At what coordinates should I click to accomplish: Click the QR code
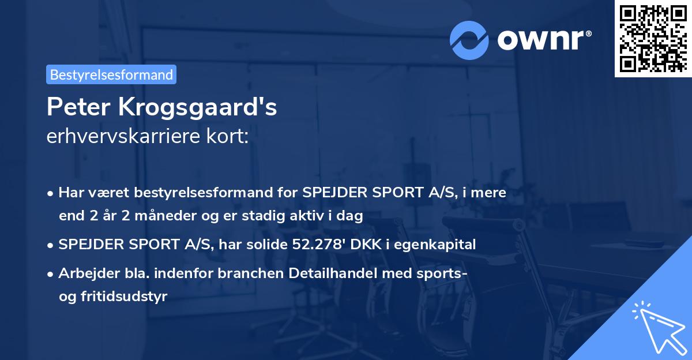tap(653, 39)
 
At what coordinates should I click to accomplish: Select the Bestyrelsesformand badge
tap(111, 74)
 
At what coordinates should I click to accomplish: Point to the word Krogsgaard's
tap(198, 108)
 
